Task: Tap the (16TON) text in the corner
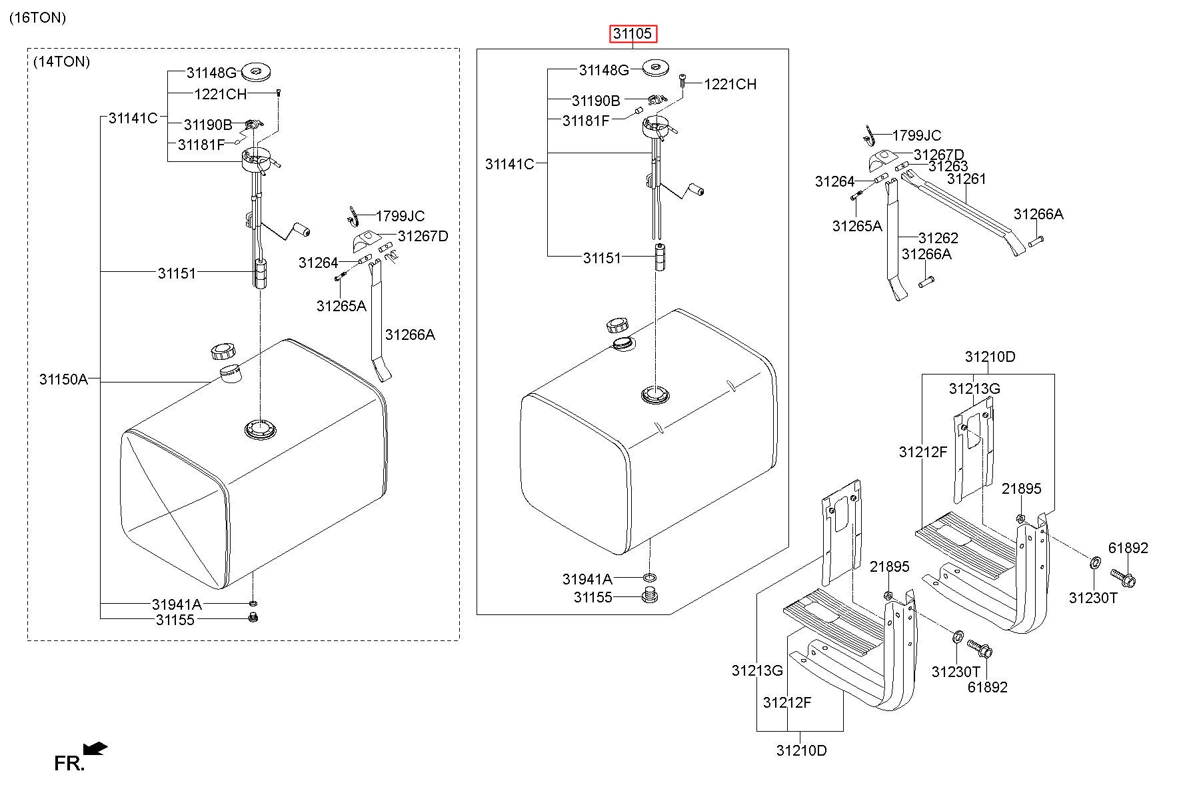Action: pos(37,18)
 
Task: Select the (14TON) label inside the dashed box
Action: pos(61,62)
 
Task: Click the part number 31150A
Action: pos(63,380)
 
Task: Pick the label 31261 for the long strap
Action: pos(966,179)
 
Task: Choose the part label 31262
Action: pos(938,238)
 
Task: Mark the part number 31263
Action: pos(948,166)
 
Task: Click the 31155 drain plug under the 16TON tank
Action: pos(648,596)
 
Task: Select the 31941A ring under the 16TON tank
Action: pos(650,577)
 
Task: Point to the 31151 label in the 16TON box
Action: pos(602,259)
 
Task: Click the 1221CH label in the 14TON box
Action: pos(221,95)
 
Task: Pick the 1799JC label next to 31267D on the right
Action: pos(916,136)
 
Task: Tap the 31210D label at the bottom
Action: pos(801,750)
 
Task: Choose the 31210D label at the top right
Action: pos(990,357)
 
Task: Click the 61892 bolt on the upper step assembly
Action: pos(1123,576)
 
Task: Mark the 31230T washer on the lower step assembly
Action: pos(955,636)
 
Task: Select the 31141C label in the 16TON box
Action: pos(509,164)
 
